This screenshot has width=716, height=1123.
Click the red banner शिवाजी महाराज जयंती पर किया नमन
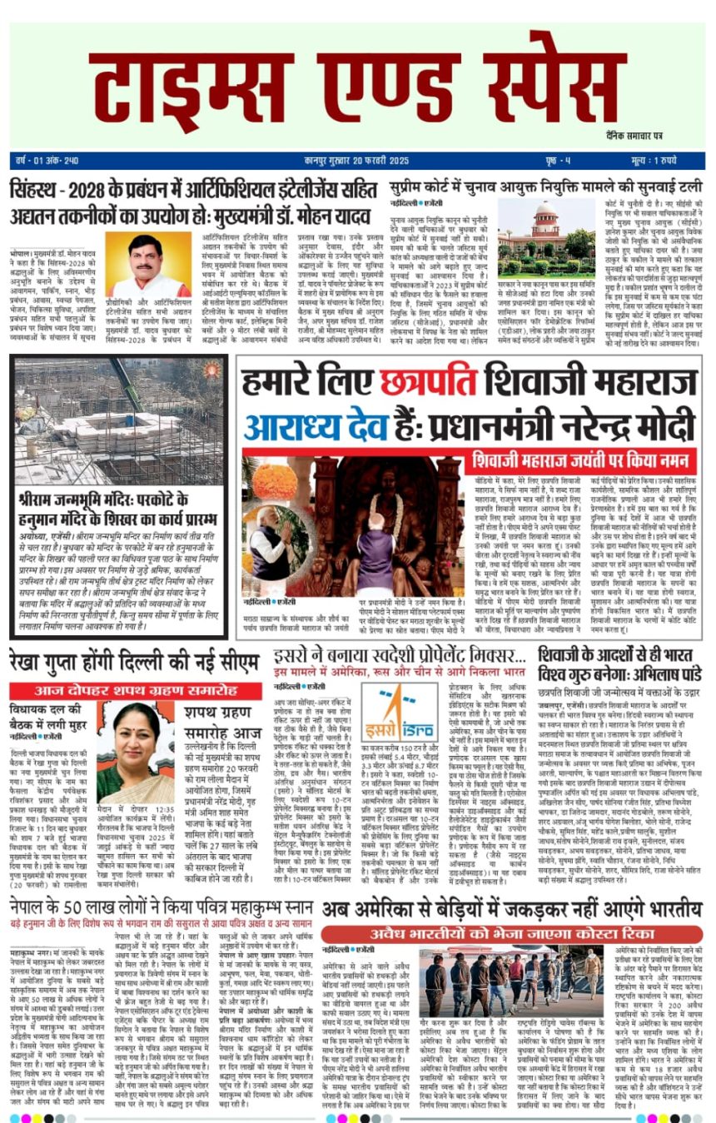click(x=584, y=459)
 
